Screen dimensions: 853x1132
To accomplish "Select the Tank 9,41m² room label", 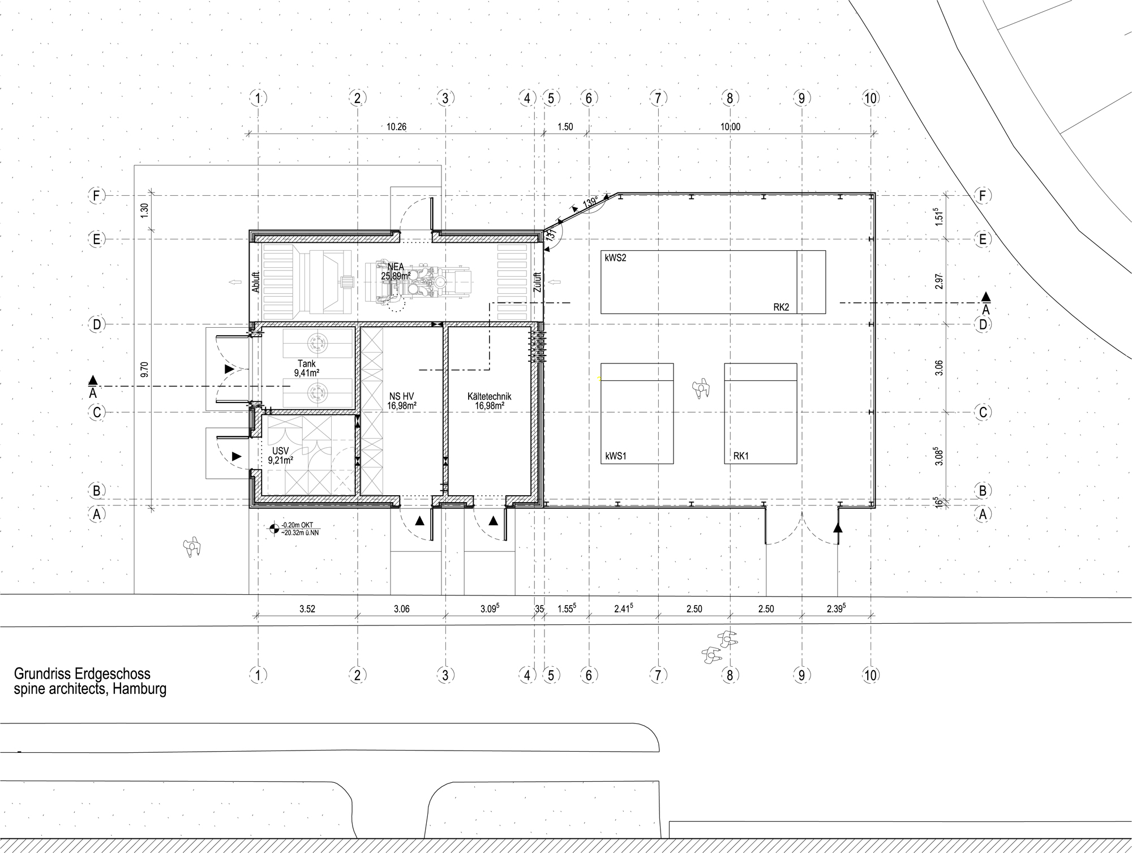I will [x=306, y=368].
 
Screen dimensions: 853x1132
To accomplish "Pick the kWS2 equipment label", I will [x=616, y=258].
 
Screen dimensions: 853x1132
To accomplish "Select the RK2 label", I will [x=781, y=308].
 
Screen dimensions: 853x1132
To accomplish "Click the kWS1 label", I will [x=616, y=456].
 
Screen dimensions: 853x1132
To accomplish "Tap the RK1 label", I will [x=740, y=456].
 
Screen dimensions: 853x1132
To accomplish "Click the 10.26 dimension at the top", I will [x=396, y=127].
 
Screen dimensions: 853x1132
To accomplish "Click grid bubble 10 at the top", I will [x=871, y=98].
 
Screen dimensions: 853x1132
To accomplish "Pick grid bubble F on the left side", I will [x=97, y=196].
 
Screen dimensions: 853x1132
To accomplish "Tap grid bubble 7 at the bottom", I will [x=658, y=675].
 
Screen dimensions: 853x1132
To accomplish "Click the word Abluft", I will [x=255, y=282].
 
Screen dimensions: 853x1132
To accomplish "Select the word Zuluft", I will [x=537, y=282].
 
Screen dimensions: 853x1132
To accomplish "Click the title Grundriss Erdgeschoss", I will [x=82, y=674].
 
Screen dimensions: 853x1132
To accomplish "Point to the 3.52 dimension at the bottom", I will [x=307, y=609].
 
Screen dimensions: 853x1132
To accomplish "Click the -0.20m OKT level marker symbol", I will [x=274, y=529].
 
